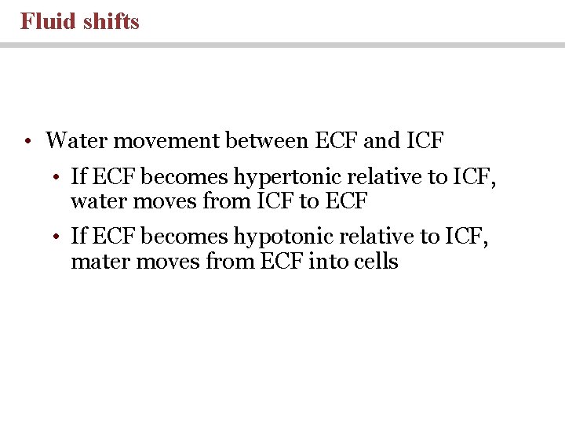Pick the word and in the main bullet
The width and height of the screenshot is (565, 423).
tap(382, 141)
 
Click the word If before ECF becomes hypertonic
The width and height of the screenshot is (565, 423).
tap(78, 177)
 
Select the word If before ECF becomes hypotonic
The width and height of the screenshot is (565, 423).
tap(78, 236)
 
